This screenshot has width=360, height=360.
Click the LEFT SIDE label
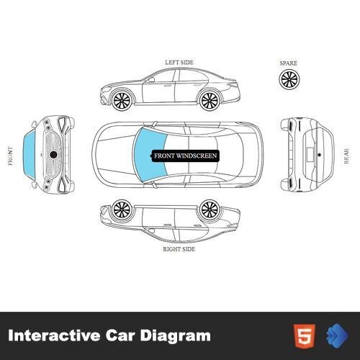pos(179,63)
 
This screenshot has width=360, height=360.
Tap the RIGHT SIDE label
pos(179,249)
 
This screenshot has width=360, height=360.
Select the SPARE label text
pos(288,63)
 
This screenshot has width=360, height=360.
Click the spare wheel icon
pos(289,80)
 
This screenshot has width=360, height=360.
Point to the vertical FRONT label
pos(10,156)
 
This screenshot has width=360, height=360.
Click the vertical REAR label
pos(346,156)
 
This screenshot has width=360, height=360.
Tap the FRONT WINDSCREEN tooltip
pos(185,156)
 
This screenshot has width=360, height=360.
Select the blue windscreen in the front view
pos(29,155)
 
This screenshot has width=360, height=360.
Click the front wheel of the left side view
pos(122,100)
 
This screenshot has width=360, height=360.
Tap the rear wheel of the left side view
pos(210,100)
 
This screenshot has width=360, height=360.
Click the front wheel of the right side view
pos(122,210)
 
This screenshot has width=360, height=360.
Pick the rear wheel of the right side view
pos(210,210)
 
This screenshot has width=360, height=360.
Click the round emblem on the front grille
pos(53,155)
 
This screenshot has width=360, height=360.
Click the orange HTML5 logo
pos(305,336)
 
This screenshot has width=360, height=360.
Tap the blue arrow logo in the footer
pos(338,336)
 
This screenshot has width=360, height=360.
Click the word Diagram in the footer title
pos(176,336)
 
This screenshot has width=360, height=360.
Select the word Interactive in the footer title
pos(54,335)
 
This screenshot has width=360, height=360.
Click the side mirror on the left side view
pos(151,79)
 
